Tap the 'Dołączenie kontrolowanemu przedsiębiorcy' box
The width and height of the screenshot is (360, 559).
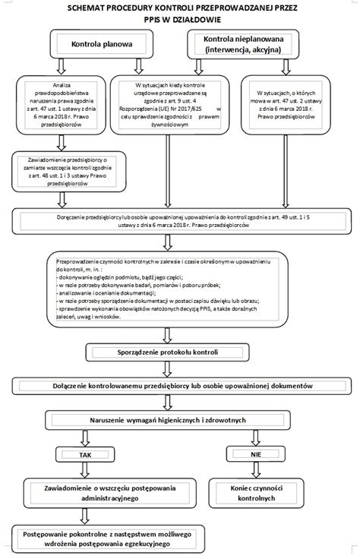[x=179, y=386]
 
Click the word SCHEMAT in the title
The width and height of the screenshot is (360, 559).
[x=91, y=8]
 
